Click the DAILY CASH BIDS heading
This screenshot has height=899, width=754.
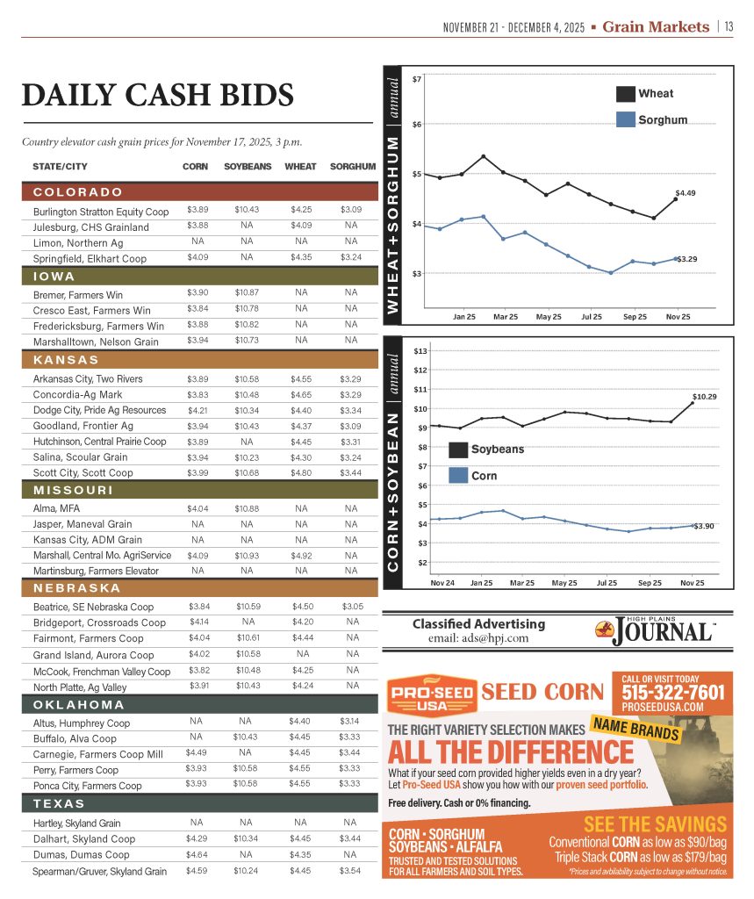157,95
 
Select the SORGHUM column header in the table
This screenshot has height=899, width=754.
352,166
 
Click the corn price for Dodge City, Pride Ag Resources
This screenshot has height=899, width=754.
197,410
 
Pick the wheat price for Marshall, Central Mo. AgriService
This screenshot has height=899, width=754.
301,555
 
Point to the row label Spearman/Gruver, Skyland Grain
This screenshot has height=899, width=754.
100,872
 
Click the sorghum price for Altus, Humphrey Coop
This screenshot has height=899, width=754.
350,723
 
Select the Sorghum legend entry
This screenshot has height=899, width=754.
650,119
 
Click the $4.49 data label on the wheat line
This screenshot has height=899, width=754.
686,191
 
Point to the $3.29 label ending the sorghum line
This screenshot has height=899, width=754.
686,259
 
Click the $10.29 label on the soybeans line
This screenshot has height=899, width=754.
705,397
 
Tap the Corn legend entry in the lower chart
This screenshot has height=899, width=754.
472,475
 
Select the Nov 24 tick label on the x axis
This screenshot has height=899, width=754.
442,582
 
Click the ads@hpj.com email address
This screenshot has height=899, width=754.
478,638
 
